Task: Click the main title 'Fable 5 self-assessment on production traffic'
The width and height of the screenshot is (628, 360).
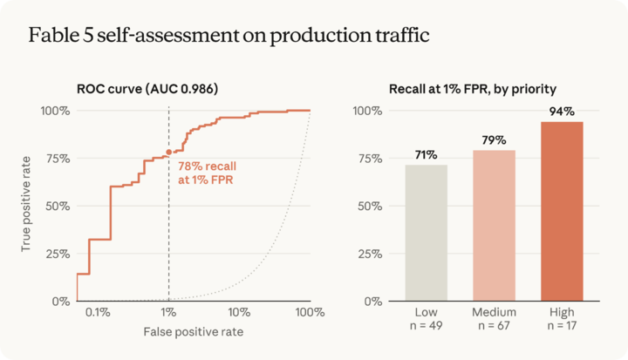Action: click(229, 35)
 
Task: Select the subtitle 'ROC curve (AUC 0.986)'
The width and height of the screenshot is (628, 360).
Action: click(147, 89)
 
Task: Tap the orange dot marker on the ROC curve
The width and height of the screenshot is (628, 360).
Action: click(169, 153)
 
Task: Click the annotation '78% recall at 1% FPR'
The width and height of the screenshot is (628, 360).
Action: click(207, 173)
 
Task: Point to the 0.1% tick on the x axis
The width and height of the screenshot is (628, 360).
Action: click(98, 312)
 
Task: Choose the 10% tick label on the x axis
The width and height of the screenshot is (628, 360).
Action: click(239, 312)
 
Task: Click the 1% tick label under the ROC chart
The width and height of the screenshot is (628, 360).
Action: click(168, 312)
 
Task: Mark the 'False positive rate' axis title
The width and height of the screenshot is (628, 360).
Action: click(194, 332)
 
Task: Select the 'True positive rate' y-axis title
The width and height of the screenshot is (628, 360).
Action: click(26, 204)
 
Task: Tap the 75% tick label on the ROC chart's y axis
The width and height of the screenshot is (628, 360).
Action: click(58, 159)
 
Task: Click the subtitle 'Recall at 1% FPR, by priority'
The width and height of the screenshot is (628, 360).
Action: click(473, 89)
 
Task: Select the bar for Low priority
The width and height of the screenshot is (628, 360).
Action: click(427, 233)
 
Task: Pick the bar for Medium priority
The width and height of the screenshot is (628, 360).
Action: click(494, 226)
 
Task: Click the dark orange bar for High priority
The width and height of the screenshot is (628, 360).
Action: click(562, 212)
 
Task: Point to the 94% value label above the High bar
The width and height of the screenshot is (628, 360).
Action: click(562, 112)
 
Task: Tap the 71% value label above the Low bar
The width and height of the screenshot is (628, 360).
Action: click(427, 155)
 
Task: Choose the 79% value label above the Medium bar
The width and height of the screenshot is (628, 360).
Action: click(494, 140)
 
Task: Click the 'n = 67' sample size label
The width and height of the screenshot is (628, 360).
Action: click(494, 325)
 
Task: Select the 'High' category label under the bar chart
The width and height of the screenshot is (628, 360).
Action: click(562, 312)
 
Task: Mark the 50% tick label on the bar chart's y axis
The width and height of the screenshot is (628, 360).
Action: click(370, 207)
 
